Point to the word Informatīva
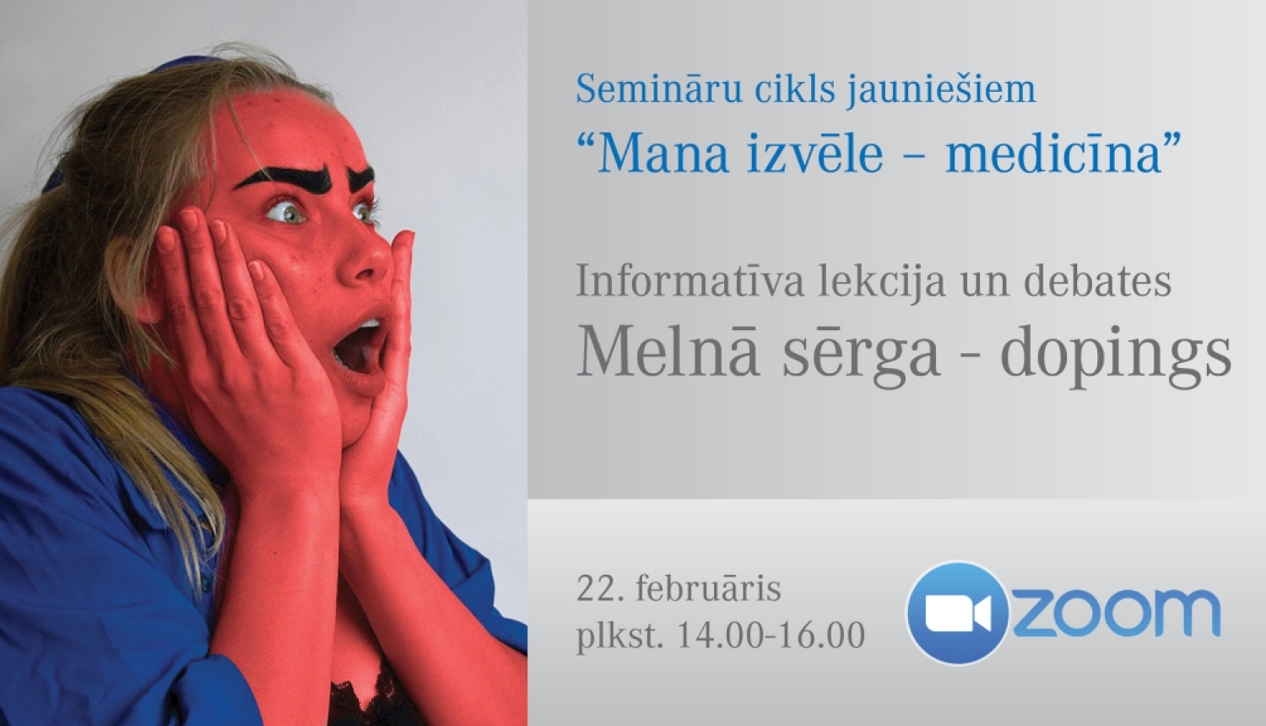(690, 282)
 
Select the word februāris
(708, 588)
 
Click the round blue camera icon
(957, 613)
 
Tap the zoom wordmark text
(1116, 613)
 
